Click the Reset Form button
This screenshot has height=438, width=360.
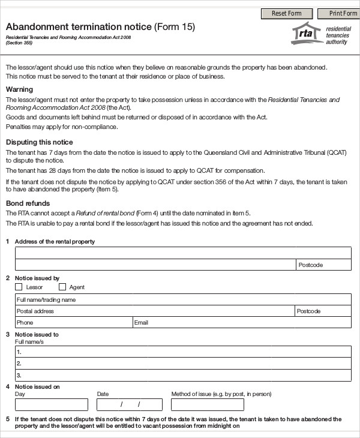(x=287, y=13)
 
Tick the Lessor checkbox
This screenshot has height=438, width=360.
(x=19, y=287)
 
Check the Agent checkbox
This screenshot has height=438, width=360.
(x=62, y=287)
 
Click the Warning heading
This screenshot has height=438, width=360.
(x=19, y=89)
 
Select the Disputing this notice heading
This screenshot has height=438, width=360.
(x=39, y=142)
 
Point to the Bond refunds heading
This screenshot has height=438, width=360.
(x=28, y=203)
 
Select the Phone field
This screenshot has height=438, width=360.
(x=73, y=323)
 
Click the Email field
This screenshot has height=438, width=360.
(x=242, y=323)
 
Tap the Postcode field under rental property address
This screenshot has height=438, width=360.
(x=323, y=265)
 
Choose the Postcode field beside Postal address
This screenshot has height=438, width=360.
(x=323, y=311)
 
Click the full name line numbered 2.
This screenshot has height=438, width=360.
(x=183, y=364)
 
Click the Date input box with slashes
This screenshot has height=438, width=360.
(x=129, y=404)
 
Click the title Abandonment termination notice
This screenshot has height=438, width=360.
(x=79, y=27)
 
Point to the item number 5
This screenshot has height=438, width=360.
(x=7, y=419)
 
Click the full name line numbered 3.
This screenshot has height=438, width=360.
(x=183, y=375)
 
